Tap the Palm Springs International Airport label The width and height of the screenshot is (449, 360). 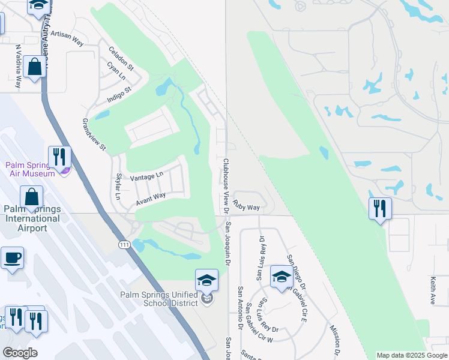coord(32,218)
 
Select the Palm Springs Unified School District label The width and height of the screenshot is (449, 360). coord(159,298)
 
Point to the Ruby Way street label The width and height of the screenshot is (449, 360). coord(246,206)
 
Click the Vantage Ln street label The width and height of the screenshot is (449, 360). coord(146,176)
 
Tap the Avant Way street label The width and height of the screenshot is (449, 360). coord(150,199)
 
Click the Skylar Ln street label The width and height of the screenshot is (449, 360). coord(118,188)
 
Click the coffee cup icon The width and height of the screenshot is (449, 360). coord(12,259)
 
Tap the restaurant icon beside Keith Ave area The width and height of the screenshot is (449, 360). coord(380,209)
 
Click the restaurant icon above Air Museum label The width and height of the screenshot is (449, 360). coord(59,157)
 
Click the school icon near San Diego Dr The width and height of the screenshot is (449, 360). coord(281,277)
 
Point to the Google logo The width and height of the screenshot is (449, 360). coord(20,353)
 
